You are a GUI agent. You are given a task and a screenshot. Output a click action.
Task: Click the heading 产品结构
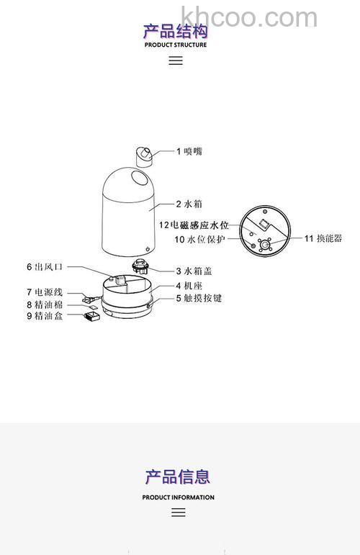176,31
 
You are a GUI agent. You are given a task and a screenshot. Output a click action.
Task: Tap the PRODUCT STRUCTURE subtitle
176,45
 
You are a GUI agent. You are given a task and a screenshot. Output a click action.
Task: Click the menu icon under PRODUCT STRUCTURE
176,60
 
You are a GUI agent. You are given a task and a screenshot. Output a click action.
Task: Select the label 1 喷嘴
189,151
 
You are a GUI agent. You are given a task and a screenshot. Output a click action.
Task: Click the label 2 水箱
190,204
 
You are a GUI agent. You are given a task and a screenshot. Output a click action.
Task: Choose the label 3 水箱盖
194,271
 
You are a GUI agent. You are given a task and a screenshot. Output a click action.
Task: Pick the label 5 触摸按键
199,297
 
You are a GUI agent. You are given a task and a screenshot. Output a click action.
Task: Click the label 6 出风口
45,266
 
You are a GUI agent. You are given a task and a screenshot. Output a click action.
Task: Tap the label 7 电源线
45,292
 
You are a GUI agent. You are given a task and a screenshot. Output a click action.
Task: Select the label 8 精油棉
45,304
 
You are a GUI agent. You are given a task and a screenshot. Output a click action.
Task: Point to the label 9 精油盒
45,316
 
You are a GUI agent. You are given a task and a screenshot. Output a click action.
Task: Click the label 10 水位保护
200,238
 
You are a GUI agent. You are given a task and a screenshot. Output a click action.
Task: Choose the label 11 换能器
323,238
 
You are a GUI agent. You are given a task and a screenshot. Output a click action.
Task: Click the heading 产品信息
178,477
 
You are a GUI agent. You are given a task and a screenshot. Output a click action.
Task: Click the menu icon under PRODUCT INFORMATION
179,513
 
